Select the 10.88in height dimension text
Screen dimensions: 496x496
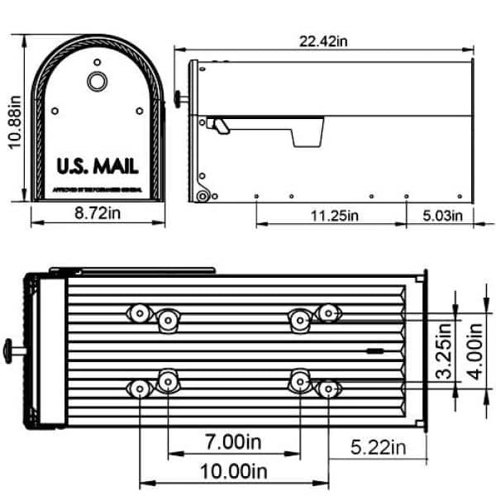[14, 120]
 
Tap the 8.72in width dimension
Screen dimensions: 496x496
[96, 215]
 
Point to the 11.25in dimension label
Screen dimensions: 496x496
[331, 216]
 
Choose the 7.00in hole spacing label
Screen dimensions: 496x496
[233, 443]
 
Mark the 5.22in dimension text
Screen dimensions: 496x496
[376, 448]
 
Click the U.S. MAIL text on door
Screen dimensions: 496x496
[97, 165]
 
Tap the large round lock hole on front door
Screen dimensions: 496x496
[97, 81]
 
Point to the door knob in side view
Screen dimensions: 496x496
[179, 99]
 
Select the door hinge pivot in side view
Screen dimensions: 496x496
[201, 196]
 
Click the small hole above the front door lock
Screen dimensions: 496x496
[97, 62]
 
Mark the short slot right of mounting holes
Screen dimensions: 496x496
[374, 351]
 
